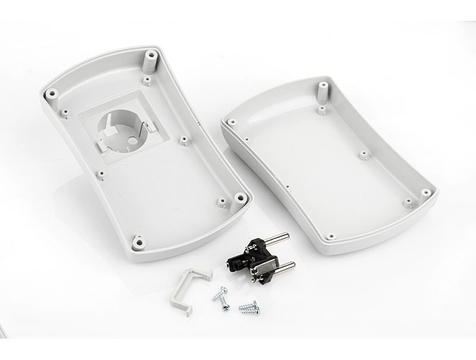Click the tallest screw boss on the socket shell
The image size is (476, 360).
[151, 58]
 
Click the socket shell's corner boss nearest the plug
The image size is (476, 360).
[240, 198]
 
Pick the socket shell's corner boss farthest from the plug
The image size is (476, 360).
[52, 94]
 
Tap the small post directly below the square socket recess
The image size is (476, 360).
[101, 175]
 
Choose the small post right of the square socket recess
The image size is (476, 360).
[184, 140]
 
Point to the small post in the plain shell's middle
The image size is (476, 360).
[362, 155]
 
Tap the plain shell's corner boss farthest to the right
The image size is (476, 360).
[425, 193]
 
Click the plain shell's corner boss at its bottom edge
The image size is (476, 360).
[331, 237]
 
